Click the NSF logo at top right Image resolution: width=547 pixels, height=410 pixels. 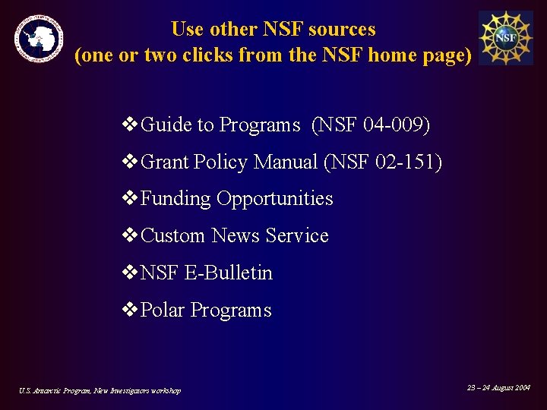pyautogui.click(x=505, y=37)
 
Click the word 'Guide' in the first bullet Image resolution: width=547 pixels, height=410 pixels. pyautogui.click(x=166, y=125)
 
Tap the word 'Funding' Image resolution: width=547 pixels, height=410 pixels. pyautogui.click(x=176, y=199)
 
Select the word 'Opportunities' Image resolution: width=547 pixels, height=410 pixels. pyautogui.click(x=275, y=199)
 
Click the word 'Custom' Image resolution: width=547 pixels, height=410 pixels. pyautogui.click(x=173, y=236)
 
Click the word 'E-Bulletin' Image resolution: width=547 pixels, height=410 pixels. pyautogui.click(x=229, y=273)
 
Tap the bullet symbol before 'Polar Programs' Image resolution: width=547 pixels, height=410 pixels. pyautogui.click(x=130, y=310)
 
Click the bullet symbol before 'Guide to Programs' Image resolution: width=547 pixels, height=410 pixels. pyautogui.click(x=130, y=125)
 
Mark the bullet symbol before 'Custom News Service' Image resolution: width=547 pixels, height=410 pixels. pyautogui.click(x=130, y=236)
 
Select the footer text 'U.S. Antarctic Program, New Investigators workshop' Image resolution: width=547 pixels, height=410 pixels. pyautogui.click(x=100, y=390)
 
